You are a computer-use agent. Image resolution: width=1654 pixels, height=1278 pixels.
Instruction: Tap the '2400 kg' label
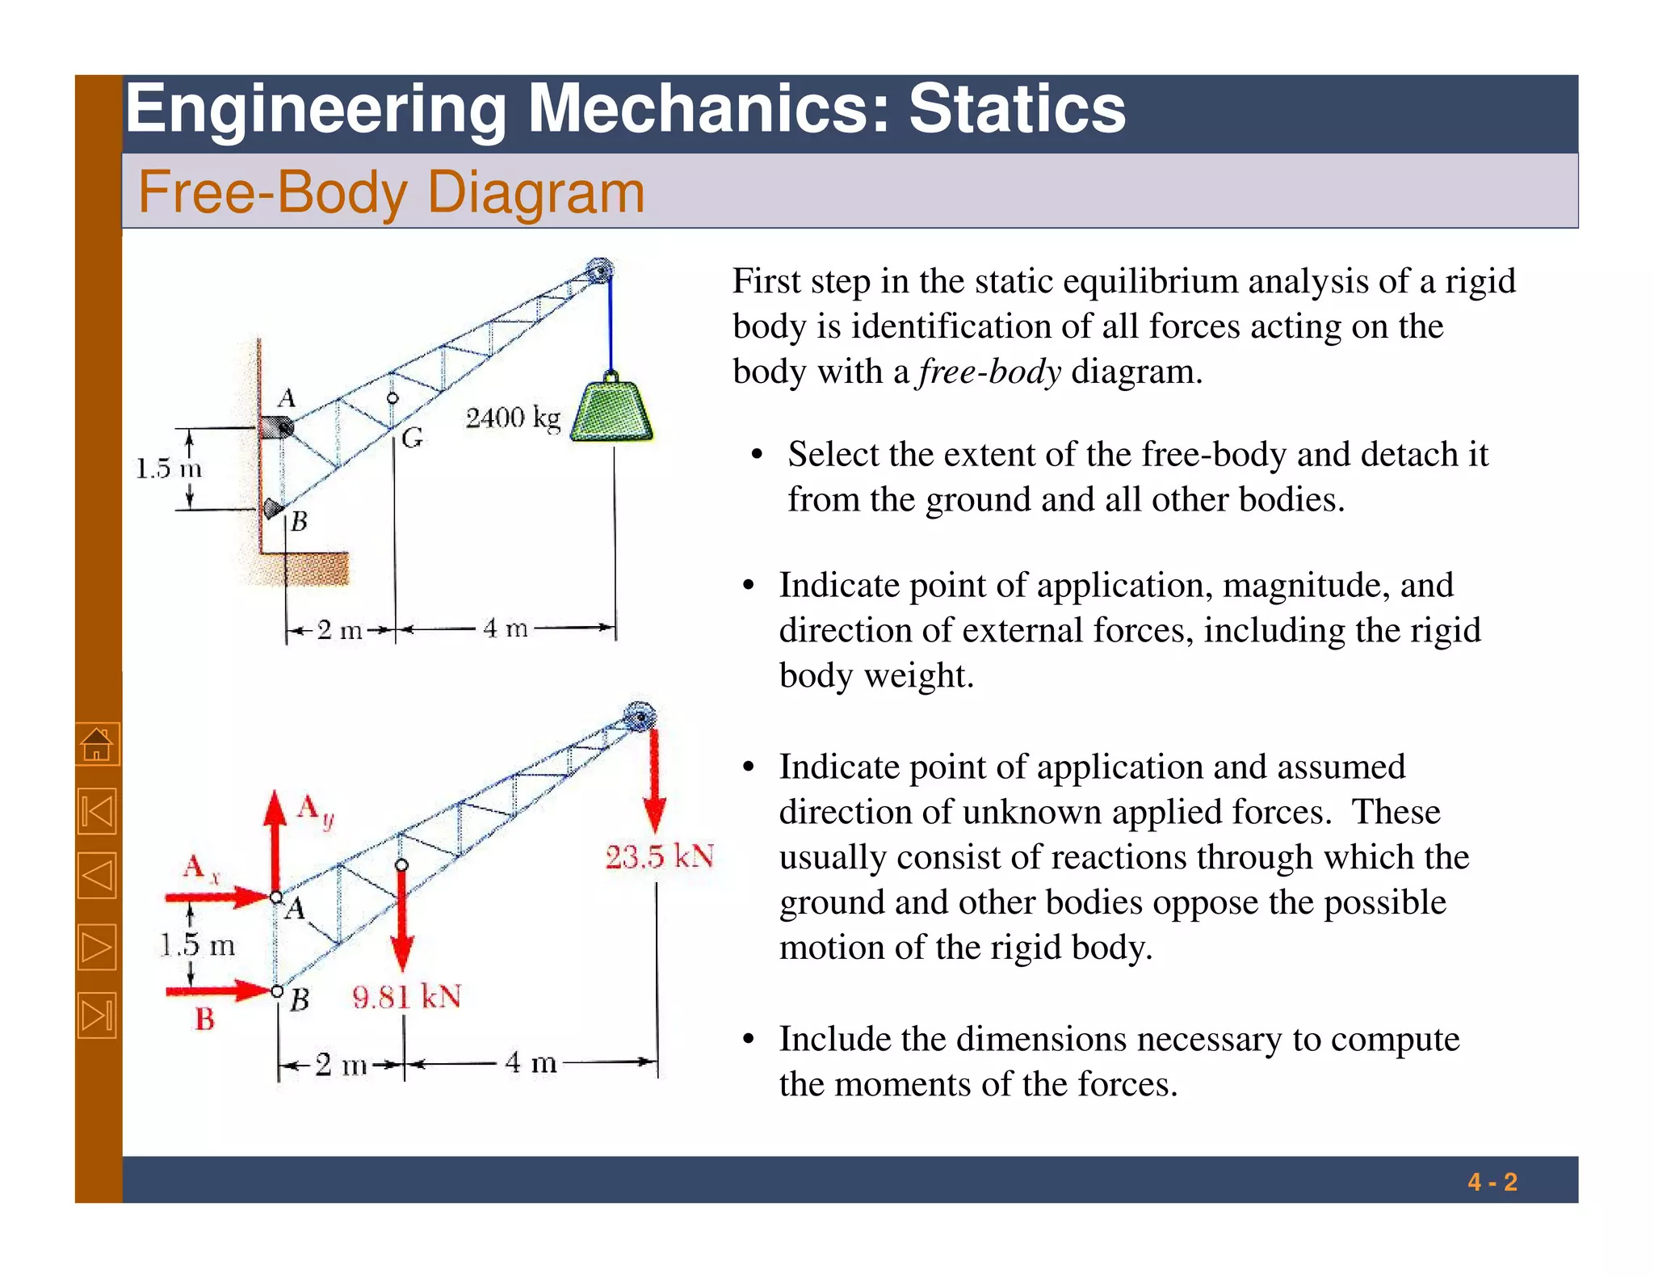(513, 418)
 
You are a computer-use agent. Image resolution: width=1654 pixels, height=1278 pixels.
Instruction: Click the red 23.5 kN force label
(660, 856)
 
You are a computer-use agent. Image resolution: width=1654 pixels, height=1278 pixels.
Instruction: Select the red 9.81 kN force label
(407, 997)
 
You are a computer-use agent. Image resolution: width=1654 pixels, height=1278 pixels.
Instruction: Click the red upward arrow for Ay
(275, 840)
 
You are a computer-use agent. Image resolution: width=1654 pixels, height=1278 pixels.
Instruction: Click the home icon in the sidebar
(98, 744)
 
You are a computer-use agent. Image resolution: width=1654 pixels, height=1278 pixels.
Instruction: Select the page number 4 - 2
(1492, 1183)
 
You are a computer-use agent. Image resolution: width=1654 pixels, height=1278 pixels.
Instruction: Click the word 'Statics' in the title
(1017, 109)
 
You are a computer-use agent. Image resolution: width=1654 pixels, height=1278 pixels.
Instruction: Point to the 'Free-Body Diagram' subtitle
(391, 192)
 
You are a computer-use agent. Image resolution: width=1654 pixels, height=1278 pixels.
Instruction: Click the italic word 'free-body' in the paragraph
(989, 372)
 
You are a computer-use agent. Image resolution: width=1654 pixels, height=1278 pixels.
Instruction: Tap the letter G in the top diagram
(412, 439)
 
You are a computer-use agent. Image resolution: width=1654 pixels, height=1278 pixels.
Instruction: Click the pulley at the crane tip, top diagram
(599, 271)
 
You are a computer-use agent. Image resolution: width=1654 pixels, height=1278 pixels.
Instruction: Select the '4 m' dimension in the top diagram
(506, 628)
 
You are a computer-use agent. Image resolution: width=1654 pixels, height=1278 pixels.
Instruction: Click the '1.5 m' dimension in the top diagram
(168, 469)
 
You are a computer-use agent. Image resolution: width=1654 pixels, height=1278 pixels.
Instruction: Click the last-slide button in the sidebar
(98, 1015)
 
